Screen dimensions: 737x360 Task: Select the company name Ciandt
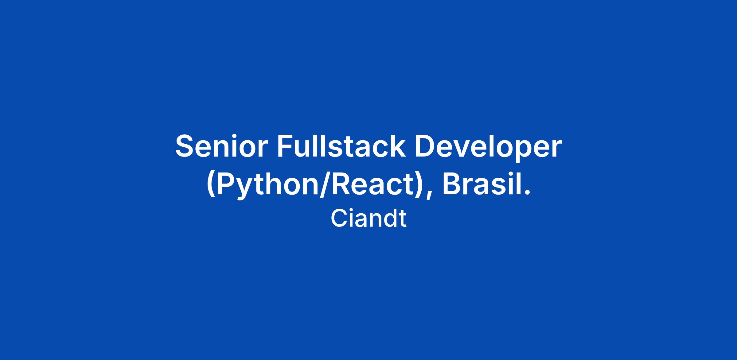(368, 218)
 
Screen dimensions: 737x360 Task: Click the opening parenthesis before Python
(211, 186)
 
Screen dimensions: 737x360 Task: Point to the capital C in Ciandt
(339, 218)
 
